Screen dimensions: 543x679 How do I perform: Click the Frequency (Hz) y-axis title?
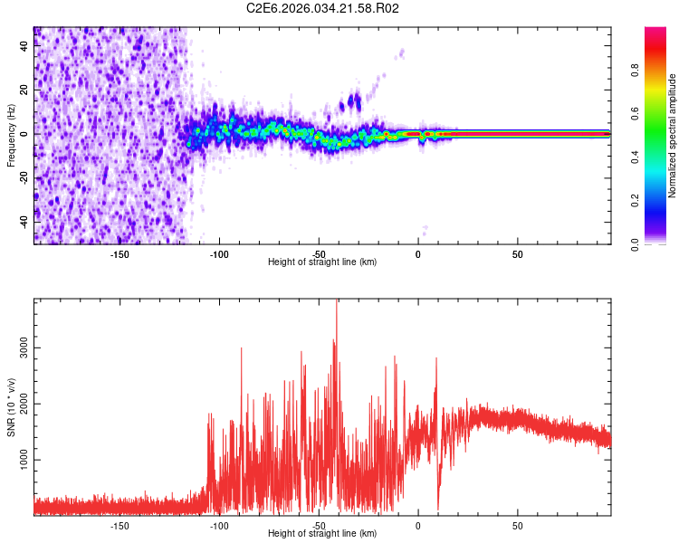tap(11, 135)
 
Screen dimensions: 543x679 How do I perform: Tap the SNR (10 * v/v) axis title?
tap(11, 406)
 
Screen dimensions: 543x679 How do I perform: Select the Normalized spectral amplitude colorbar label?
tap(673, 136)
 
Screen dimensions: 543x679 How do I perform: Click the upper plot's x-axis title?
tap(322, 262)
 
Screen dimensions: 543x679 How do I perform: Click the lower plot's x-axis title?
tap(322, 533)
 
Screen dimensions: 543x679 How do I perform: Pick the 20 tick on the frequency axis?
tap(24, 90)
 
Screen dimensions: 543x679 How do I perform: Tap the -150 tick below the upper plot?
tap(120, 253)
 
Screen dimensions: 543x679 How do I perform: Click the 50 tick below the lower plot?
tap(517, 525)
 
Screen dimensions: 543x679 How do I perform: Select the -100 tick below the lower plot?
tap(219, 525)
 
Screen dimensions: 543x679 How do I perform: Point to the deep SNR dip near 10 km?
tap(438, 509)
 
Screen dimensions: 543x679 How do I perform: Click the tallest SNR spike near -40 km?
tap(337, 302)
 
